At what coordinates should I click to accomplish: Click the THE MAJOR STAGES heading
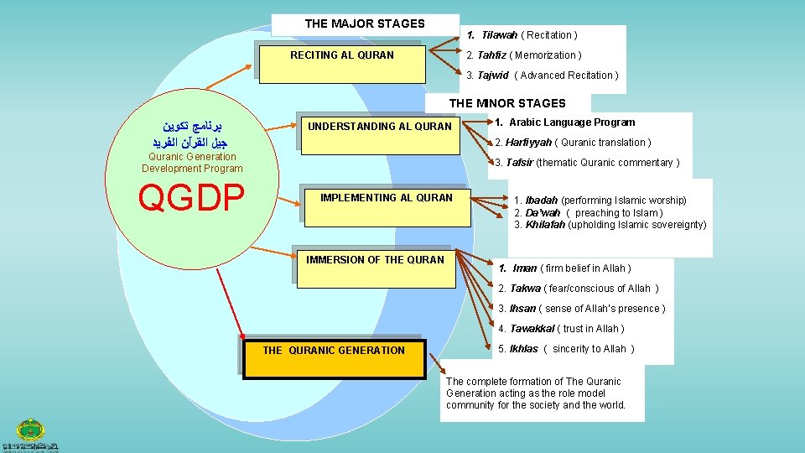pyautogui.click(x=365, y=23)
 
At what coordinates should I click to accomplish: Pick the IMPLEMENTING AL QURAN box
pyautogui.click(x=387, y=203)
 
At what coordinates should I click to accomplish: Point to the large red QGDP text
pyautogui.click(x=191, y=198)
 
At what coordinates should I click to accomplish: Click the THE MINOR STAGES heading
pyautogui.click(x=507, y=103)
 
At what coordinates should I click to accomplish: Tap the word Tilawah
pyautogui.click(x=499, y=35)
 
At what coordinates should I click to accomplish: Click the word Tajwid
pyautogui.click(x=493, y=75)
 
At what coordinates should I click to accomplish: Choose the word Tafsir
pyautogui.click(x=519, y=163)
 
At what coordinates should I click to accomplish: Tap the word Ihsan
pyautogui.click(x=522, y=309)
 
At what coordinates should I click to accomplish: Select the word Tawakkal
pyautogui.click(x=532, y=329)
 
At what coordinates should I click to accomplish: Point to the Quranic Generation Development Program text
pyautogui.click(x=192, y=163)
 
